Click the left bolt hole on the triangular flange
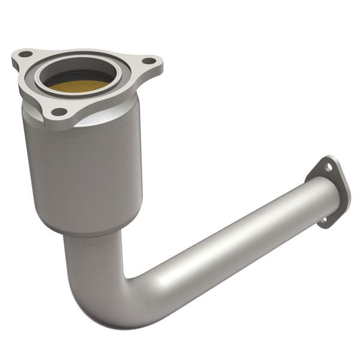pos(26,54)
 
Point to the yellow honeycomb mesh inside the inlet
pos(77,86)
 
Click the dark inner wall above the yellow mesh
pos(81,73)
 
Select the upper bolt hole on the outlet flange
pos(329,166)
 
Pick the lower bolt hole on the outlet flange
pos(323,220)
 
